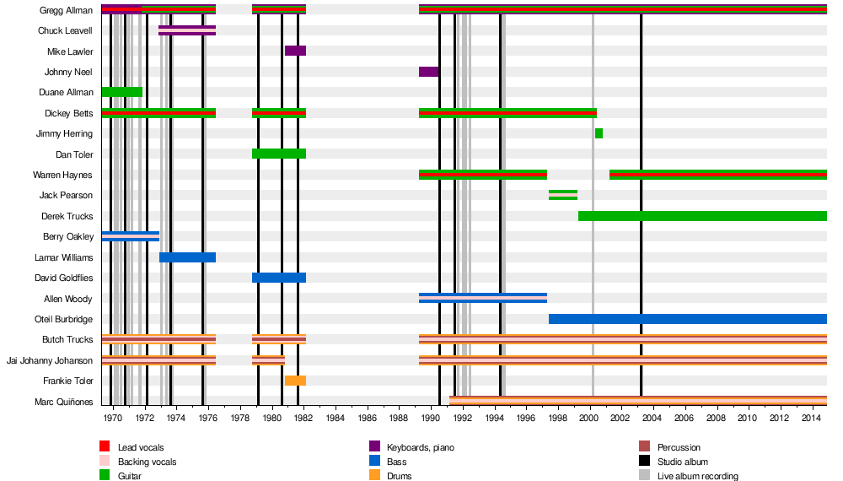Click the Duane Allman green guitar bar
[121, 92]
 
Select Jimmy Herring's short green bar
[599, 133]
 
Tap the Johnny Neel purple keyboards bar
[428, 72]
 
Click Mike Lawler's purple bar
[295, 51]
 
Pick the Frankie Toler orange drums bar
[295, 381]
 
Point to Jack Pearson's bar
[563, 195]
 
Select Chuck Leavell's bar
[187, 30]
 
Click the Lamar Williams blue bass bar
[187, 257]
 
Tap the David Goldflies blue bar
[278, 278]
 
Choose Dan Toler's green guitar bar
[278, 154]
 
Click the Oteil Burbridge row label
[62, 319]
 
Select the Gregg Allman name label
[66, 10]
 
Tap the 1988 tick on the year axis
[399, 417]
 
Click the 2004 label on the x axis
[652, 417]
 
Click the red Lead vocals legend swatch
[105, 447]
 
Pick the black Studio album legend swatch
[644, 462]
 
